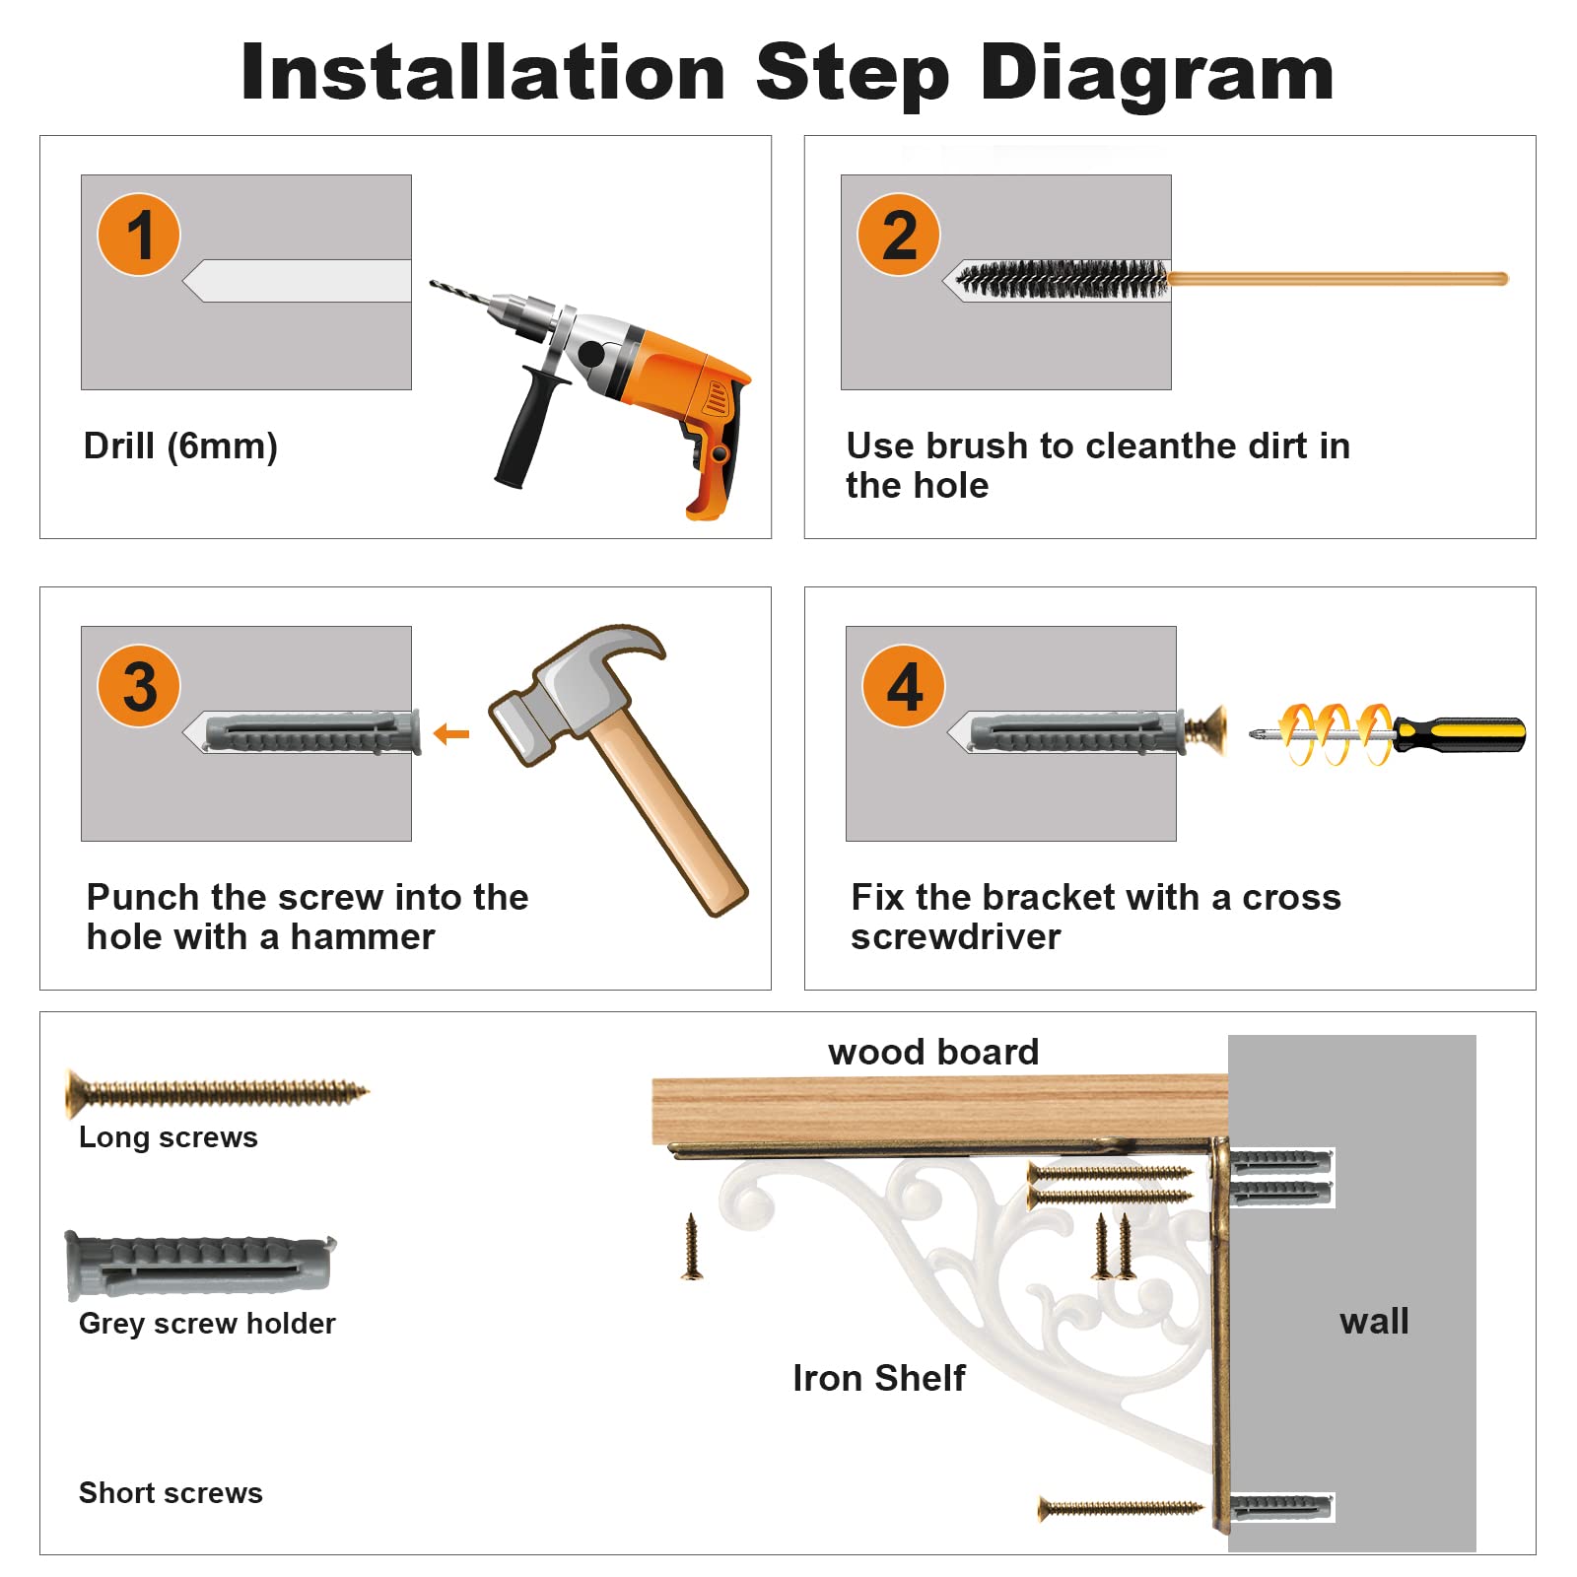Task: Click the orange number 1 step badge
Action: point(139,235)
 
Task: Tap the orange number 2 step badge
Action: point(899,235)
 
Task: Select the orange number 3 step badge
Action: point(139,686)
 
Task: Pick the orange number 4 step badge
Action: point(904,686)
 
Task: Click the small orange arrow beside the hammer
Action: point(451,733)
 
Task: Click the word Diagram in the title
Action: point(1157,73)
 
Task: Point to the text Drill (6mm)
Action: point(180,446)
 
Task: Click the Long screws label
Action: point(169,1137)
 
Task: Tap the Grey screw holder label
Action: point(207,1324)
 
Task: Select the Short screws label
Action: point(171,1493)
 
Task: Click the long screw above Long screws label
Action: point(217,1092)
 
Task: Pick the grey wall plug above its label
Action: point(200,1266)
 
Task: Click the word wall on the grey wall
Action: point(1374,1321)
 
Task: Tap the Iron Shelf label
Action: point(879,1378)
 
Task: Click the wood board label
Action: point(933,1053)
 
